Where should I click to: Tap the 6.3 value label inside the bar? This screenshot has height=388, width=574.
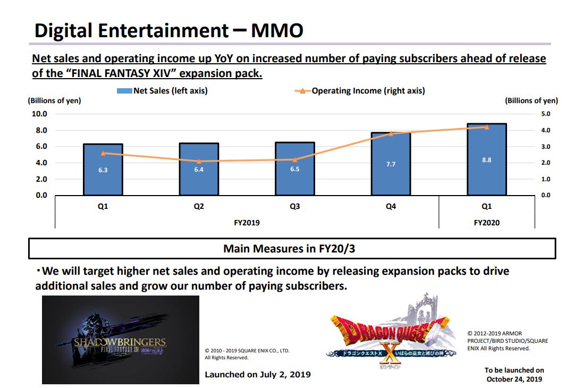tap(103, 170)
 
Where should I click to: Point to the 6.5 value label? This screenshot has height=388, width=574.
tap(294, 169)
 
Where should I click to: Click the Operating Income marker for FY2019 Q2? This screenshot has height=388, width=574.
tap(199, 161)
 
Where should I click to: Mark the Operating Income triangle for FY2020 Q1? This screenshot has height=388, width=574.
tap(486, 127)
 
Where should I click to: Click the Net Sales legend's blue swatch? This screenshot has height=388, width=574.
tap(124, 91)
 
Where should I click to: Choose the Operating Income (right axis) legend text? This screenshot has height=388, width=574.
tap(368, 91)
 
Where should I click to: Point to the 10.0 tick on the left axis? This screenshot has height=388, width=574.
tap(40, 114)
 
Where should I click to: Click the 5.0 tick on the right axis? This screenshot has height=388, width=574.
tap(546, 114)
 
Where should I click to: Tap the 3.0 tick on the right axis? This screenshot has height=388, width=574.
tap(546, 147)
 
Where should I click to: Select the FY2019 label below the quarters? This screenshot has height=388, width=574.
tap(247, 223)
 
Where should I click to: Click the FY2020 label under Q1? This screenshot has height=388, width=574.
tap(486, 223)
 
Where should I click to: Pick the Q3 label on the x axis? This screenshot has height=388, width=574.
tap(294, 206)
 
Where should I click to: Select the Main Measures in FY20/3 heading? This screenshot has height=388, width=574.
tap(292, 248)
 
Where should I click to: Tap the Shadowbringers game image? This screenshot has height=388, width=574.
tap(121, 340)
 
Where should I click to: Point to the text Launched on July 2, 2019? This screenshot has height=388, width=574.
tap(258, 375)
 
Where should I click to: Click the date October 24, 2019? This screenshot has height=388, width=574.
tap(514, 379)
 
